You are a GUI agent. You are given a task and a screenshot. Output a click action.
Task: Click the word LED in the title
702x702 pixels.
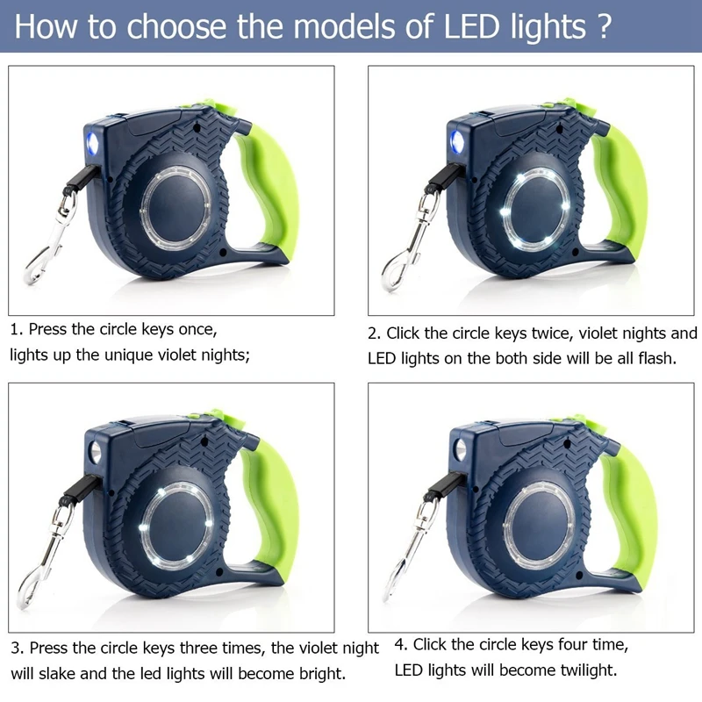click(471, 26)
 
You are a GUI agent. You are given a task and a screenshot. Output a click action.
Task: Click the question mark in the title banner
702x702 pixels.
click(604, 26)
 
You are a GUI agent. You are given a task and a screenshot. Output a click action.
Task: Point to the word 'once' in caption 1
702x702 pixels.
click(197, 330)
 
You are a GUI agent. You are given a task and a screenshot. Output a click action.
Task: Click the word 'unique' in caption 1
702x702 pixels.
click(126, 355)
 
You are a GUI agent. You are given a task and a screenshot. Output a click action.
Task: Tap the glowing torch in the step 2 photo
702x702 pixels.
click(456, 142)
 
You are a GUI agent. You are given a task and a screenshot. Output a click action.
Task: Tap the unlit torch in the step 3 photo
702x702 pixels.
click(96, 452)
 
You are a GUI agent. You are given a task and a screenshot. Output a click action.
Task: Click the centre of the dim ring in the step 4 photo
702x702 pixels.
click(539, 525)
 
